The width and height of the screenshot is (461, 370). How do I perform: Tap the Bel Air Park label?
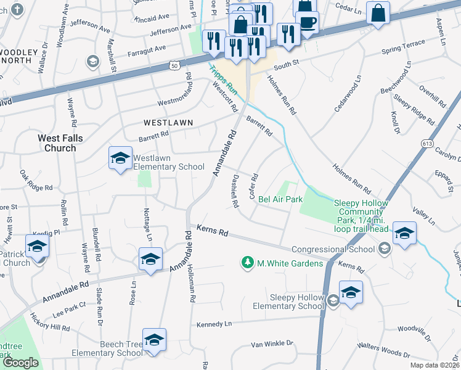[280, 199]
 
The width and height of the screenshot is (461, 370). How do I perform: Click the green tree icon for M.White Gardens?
[248, 263]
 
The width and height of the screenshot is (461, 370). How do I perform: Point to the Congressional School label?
[333, 249]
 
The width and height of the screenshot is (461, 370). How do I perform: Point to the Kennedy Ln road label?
[214, 324]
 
